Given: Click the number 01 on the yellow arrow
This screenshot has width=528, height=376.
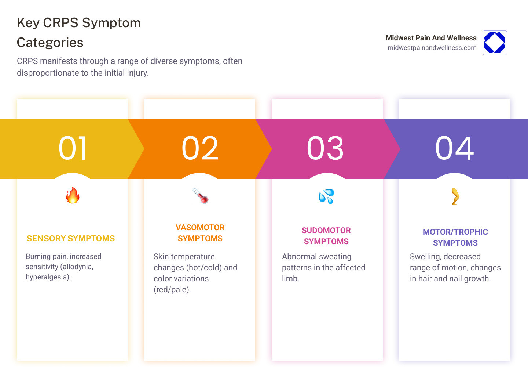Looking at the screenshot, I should pos(73,148).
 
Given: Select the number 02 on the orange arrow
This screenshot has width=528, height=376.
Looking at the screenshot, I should pos(200,148).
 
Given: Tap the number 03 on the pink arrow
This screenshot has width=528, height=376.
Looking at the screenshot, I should pos(326,148).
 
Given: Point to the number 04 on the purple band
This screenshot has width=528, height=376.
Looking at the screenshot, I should pos(455,148).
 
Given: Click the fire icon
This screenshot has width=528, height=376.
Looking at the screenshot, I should pos(73,195).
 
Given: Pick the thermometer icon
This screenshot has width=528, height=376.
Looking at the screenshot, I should pos(200,195).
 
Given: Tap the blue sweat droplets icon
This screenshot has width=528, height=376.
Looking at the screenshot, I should pos(326,196).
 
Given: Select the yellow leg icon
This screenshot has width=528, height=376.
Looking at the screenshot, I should pos(455,196).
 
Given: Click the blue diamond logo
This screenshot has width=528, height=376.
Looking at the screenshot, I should pos(495,43).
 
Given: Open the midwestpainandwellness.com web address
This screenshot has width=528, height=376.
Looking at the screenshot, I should pos(432,48).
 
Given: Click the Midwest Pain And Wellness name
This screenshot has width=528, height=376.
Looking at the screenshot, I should pos(431,38).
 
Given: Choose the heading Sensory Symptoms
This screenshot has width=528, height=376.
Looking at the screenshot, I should pos(71,239).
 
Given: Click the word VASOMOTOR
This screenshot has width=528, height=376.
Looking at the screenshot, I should pos(200,228).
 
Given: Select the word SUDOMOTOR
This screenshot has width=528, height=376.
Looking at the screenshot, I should pos(326,231).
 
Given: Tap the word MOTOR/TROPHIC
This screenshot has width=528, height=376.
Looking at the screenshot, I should pos(455,232).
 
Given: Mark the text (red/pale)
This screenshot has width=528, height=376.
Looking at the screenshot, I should pos(172,290).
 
